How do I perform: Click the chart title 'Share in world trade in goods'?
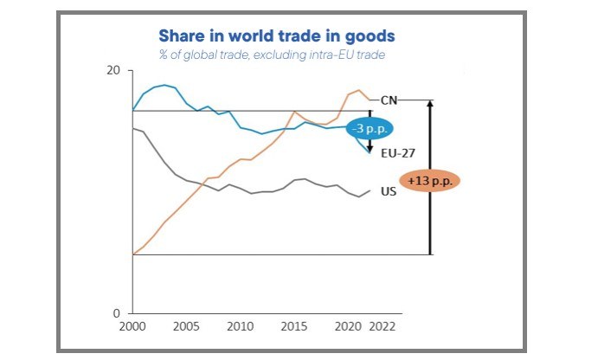coord(277,35)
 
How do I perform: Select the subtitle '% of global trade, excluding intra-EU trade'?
coord(272,55)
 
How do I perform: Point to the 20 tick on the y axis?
coord(113,70)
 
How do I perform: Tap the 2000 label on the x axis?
coord(132,328)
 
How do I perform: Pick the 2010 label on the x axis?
coord(241,328)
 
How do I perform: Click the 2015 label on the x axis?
coord(294,328)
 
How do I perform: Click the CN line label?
coord(389,100)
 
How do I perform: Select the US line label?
coord(389,191)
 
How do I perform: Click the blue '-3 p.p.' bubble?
coord(370,128)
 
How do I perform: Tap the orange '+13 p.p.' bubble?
coord(430,182)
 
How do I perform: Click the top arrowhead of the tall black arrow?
coord(430,103)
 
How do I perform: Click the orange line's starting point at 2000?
coord(132,254)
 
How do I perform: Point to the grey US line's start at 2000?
coord(132,128)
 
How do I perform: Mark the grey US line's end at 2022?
coord(370,190)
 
